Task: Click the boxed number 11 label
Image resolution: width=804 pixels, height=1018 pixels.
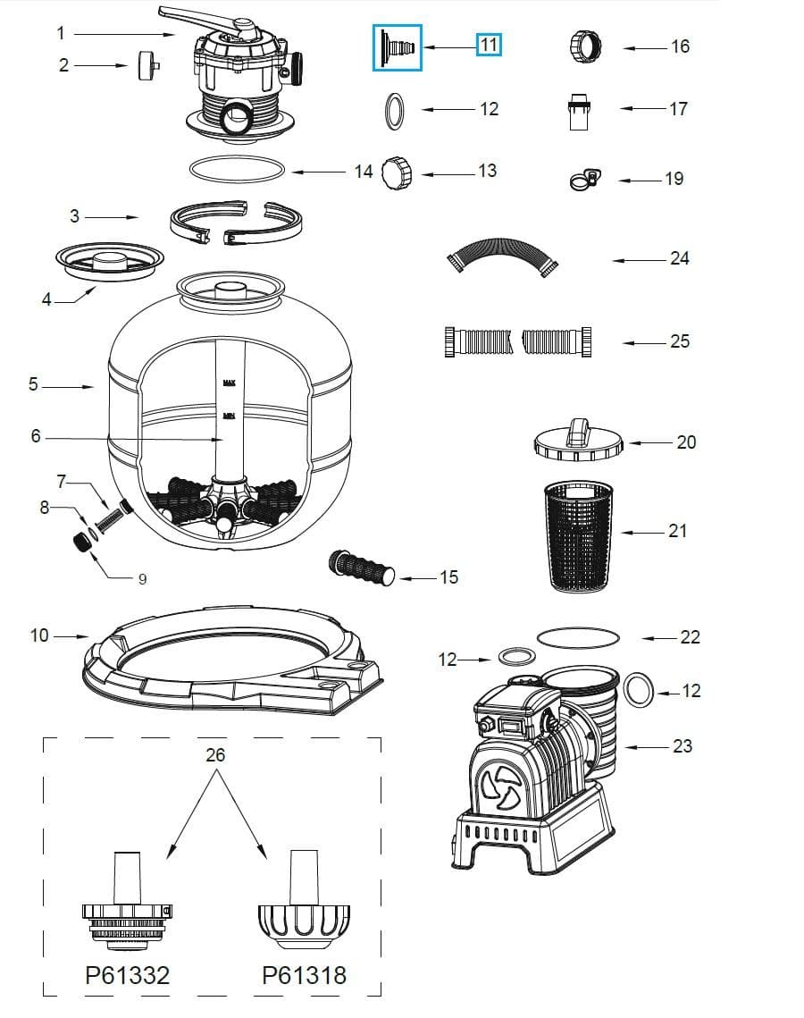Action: click(x=489, y=44)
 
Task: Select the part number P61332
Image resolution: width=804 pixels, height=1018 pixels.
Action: click(x=127, y=975)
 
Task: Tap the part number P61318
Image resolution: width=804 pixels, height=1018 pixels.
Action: click(x=304, y=975)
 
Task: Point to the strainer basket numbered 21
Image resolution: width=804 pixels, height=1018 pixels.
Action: click(x=578, y=534)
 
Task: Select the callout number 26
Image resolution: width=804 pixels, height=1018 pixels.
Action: click(x=215, y=755)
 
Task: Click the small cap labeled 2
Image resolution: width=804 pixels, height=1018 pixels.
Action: click(x=148, y=66)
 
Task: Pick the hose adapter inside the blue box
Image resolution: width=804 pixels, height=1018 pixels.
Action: click(x=397, y=46)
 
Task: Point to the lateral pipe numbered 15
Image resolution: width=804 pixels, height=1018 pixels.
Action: click(x=363, y=569)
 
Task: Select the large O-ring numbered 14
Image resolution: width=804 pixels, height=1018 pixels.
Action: click(x=239, y=170)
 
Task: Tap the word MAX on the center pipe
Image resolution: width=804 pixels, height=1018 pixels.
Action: click(x=228, y=383)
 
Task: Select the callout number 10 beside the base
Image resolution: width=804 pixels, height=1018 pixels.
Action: click(x=39, y=636)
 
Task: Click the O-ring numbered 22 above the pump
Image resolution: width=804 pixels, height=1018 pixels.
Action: click(x=578, y=636)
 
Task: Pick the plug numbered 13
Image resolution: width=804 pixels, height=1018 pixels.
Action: click(x=396, y=172)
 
